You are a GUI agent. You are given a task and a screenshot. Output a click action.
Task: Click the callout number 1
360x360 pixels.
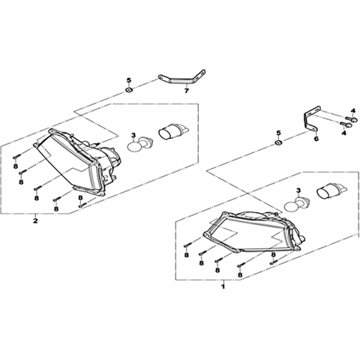click(223, 286)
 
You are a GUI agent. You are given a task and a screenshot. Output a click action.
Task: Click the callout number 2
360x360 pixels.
click(35, 220)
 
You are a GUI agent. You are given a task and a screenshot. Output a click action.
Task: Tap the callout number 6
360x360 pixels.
click(316, 139)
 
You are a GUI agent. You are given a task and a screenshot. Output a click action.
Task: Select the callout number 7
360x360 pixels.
click(186, 91)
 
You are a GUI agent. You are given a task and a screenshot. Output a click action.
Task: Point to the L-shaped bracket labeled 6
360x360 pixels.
click(306, 120)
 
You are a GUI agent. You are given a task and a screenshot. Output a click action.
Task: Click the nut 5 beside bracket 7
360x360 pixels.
click(129, 90)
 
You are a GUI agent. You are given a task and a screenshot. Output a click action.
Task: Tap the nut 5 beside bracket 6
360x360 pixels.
click(278, 143)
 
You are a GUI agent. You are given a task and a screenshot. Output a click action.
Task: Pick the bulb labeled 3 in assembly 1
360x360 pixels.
click(295, 203)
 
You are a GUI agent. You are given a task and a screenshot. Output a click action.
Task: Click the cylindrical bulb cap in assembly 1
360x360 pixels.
click(330, 192)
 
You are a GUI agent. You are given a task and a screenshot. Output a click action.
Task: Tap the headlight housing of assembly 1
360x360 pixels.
click(253, 231)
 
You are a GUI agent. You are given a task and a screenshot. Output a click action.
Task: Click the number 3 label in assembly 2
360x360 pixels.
click(133, 135)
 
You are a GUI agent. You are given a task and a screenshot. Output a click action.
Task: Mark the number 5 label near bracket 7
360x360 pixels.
click(129, 80)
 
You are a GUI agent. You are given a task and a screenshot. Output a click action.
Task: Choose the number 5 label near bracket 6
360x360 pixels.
click(278, 133)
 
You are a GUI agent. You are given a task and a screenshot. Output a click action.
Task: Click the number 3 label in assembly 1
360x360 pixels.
click(298, 191)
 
